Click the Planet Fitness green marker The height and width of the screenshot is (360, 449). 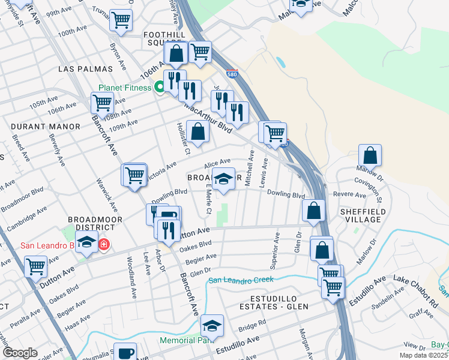[160, 88]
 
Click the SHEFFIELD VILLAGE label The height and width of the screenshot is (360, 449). [360, 215]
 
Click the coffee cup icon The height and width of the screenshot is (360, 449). [126, 353]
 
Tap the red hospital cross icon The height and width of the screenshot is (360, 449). [104, 245]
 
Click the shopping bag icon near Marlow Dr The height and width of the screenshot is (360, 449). [370, 155]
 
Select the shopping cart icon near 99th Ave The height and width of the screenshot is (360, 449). [121, 20]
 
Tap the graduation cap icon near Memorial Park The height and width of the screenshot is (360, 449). [212, 325]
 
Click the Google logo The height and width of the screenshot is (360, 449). [20, 353]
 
